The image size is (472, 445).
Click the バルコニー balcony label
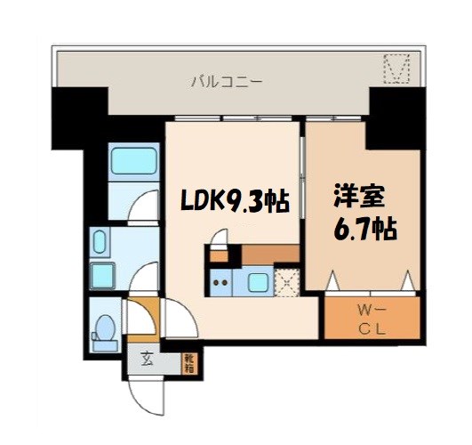click(226, 84)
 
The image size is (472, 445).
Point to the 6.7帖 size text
click(364, 230)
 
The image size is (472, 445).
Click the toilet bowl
click(104, 327)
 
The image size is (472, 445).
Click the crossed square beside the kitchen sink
click(287, 285)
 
